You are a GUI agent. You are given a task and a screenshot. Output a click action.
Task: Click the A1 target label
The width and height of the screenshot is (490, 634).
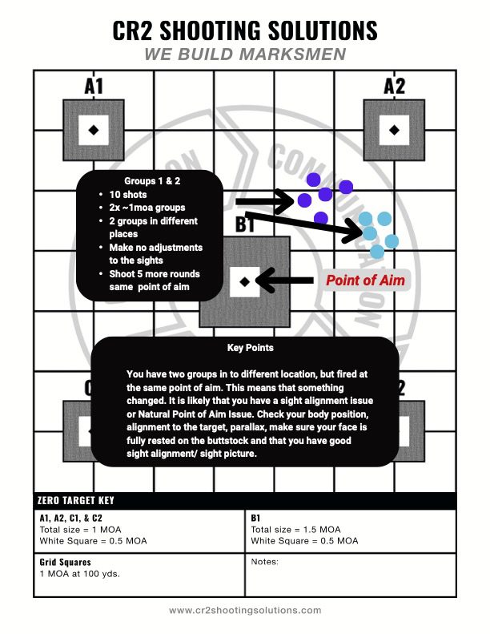coord(94,86)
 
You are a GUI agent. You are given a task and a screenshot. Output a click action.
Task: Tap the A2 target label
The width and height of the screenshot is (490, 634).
coord(395,86)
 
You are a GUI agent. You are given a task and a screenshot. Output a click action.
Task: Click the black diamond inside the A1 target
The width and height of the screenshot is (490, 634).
coord(94,129)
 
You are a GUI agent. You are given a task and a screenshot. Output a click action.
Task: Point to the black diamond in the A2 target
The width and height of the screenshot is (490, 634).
coord(394,129)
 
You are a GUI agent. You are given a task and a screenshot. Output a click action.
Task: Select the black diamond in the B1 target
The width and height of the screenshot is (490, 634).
coord(244,281)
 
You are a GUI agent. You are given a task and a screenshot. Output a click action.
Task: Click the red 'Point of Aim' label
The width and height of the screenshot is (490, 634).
coord(364,281)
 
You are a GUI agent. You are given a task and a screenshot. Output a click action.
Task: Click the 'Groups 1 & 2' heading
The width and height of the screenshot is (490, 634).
coord(151,181)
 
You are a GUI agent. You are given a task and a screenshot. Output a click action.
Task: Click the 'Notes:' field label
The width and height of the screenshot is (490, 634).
coord(264,563)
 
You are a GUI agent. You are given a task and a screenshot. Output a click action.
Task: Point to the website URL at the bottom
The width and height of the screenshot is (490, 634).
coord(244,611)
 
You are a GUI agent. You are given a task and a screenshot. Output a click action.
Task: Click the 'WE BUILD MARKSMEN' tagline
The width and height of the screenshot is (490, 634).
coord(245,54)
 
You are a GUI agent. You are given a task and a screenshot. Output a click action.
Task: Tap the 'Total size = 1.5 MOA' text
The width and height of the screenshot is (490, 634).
coord(295,530)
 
